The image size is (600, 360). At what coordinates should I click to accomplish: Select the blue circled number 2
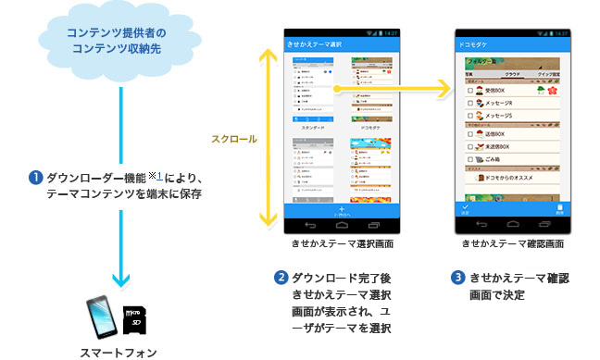tap(281, 278)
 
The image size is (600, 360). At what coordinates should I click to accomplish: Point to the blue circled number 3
tap(457, 278)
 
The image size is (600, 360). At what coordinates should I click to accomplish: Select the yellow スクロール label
tap(234, 140)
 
